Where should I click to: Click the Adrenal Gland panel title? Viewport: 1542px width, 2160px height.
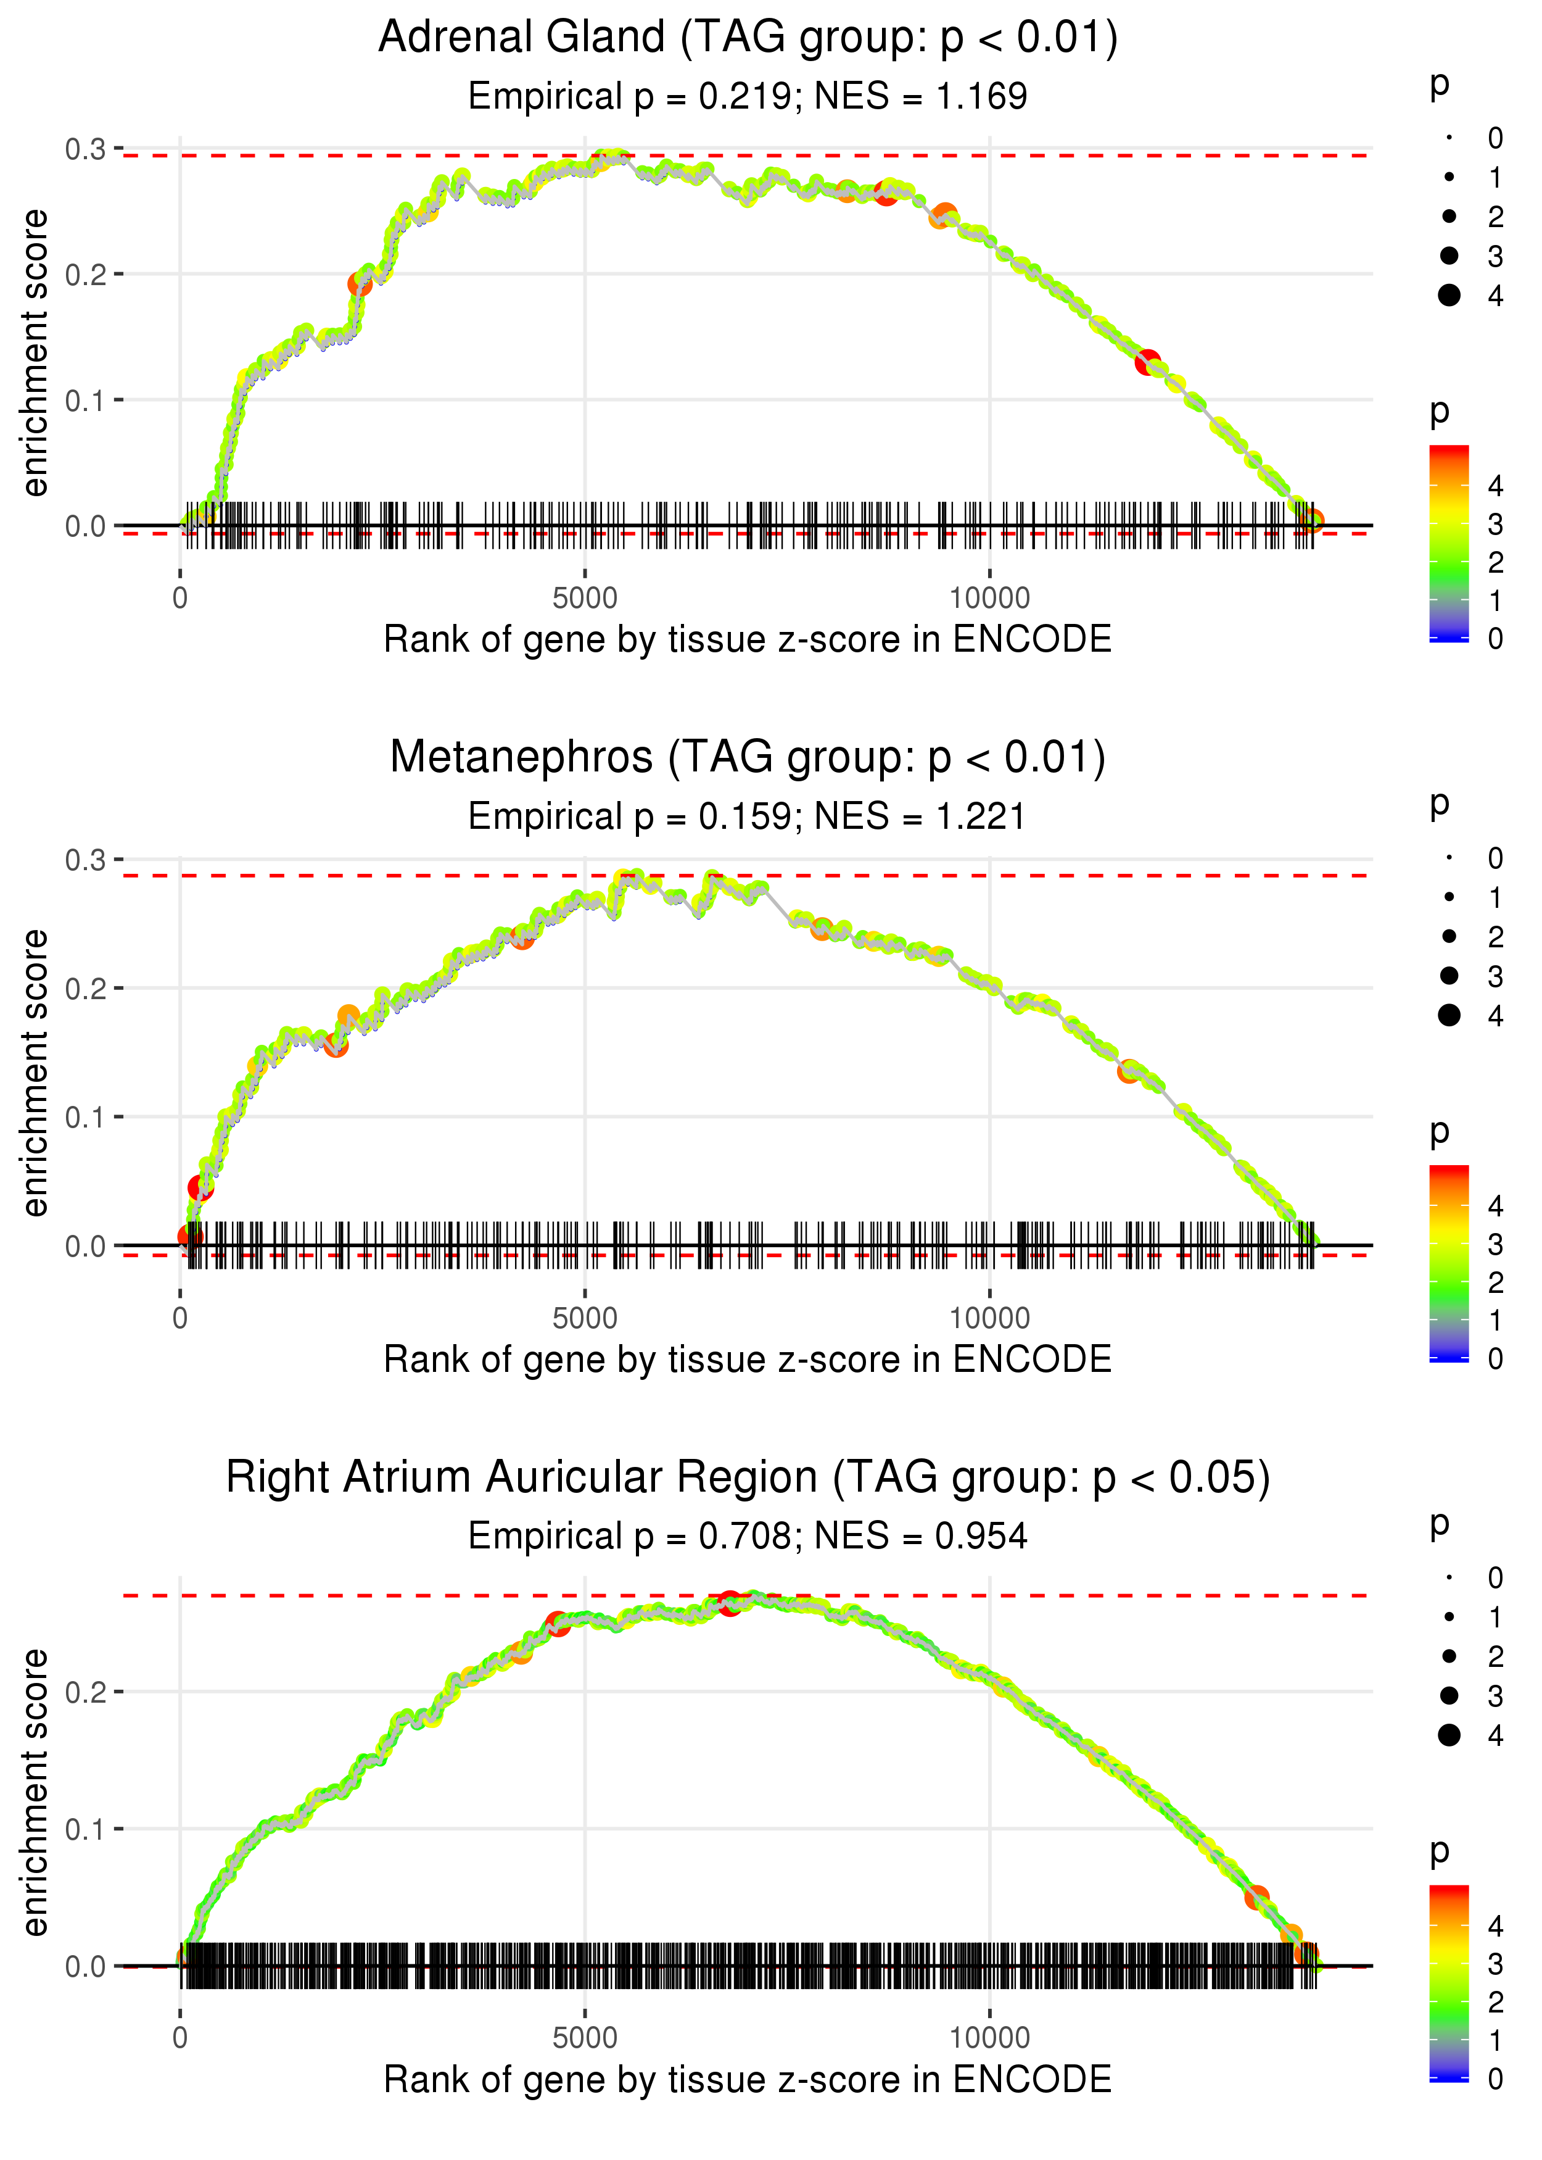click(748, 38)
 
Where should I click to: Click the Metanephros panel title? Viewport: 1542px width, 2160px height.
click(748, 758)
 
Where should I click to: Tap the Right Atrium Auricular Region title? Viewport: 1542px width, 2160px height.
click(748, 1478)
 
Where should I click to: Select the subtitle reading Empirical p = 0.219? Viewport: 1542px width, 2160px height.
click(748, 97)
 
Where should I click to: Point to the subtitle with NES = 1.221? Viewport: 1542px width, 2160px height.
click(748, 817)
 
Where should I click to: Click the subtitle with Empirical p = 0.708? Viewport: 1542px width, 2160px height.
click(748, 1537)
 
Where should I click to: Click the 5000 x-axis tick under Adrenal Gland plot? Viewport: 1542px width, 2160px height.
click(585, 599)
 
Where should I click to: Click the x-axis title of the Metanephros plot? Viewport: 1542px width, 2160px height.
click(748, 1360)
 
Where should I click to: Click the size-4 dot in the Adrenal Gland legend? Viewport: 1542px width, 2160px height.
click(1449, 296)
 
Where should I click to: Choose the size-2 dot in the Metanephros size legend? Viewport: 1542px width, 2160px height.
click(1449, 937)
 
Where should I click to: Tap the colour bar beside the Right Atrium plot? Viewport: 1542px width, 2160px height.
click(1449, 1983)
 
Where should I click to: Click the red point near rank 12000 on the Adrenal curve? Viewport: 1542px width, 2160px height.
click(1148, 362)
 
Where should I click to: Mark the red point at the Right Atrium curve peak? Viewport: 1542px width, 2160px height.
click(729, 1603)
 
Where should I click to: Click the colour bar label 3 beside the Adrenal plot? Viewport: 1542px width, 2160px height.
click(1496, 525)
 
